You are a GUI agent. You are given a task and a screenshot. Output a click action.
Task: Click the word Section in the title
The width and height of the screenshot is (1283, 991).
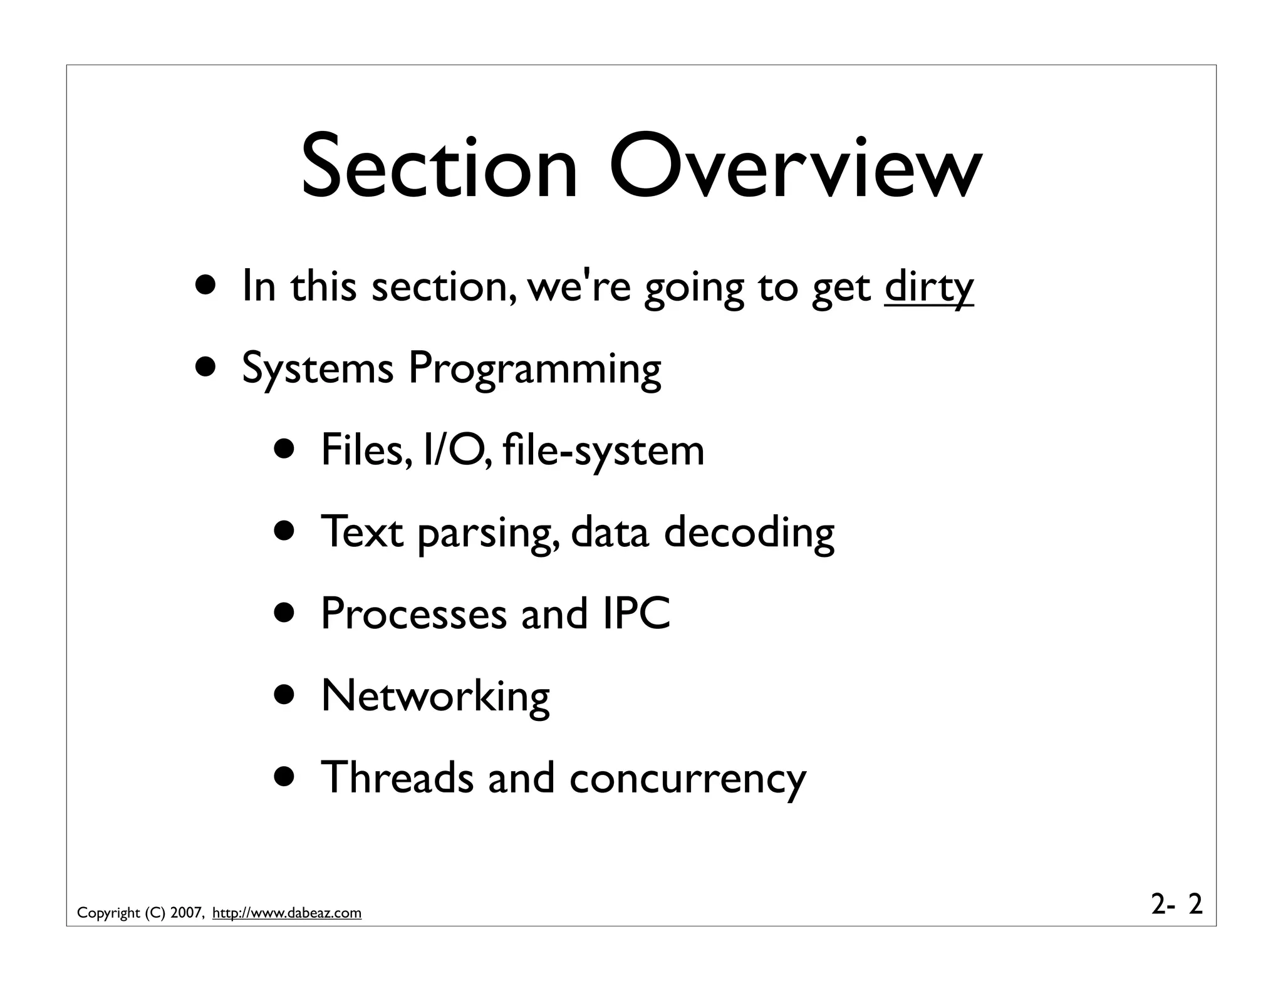click(439, 168)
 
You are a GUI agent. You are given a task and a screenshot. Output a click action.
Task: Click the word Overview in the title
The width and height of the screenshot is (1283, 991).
click(795, 168)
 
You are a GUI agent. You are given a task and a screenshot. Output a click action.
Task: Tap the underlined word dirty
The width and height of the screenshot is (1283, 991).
click(929, 287)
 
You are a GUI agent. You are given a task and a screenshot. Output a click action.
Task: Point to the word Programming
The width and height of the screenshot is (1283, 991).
click(534, 370)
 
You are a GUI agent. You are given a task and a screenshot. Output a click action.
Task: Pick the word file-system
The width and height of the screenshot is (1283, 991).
click(603, 451)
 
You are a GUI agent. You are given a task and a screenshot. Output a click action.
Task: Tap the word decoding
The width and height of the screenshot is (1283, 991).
click(749, 532)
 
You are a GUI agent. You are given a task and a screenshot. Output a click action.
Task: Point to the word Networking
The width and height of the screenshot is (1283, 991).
click(435, 696)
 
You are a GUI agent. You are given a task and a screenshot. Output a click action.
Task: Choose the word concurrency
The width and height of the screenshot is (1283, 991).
click(688, 779)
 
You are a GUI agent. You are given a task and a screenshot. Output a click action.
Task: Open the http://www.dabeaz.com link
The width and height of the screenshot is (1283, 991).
click(287, 913)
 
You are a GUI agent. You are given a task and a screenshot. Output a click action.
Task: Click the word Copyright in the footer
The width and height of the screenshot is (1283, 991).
click(108, 913)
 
